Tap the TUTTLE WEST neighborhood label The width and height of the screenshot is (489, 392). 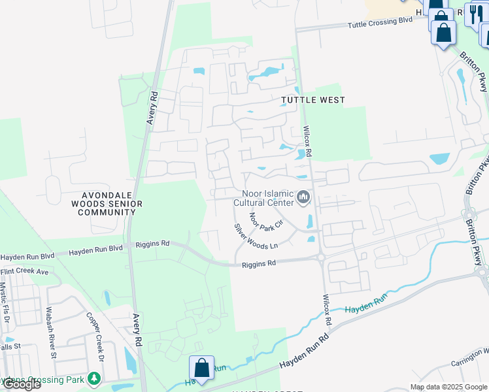312,100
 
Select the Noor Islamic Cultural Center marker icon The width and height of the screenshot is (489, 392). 303,197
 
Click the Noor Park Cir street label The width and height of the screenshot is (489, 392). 265,220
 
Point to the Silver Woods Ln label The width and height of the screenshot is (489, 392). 256,236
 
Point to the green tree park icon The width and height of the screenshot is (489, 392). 95,378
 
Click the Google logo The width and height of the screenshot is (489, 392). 21,384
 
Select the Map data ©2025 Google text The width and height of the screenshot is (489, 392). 448,387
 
